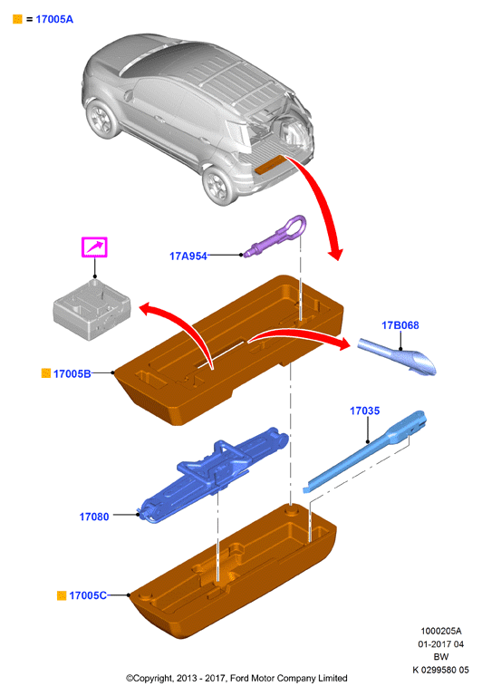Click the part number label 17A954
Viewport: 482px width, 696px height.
coord(188,256)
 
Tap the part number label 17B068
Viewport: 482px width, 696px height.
coord(400,325)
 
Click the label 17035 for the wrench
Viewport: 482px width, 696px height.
coord(365,411)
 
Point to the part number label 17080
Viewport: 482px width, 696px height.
coord(94,517)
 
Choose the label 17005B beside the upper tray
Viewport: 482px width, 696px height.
coord(72,373)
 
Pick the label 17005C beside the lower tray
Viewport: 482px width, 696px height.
coord(88,595)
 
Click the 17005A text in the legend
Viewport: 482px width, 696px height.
coord(54,19)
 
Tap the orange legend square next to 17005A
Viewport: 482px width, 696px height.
coord(17,19)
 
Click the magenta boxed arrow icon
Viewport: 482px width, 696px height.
coord(94,247)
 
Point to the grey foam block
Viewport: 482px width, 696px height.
coord(92,310)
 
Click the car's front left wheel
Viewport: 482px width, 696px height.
coord(103,119)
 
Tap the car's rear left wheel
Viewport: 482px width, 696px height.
coord(219,185)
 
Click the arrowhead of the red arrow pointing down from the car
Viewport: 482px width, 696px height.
coord(335,255)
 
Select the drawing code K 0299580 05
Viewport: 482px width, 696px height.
coord(440,670)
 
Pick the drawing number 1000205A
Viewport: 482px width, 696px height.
coord(441,631)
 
